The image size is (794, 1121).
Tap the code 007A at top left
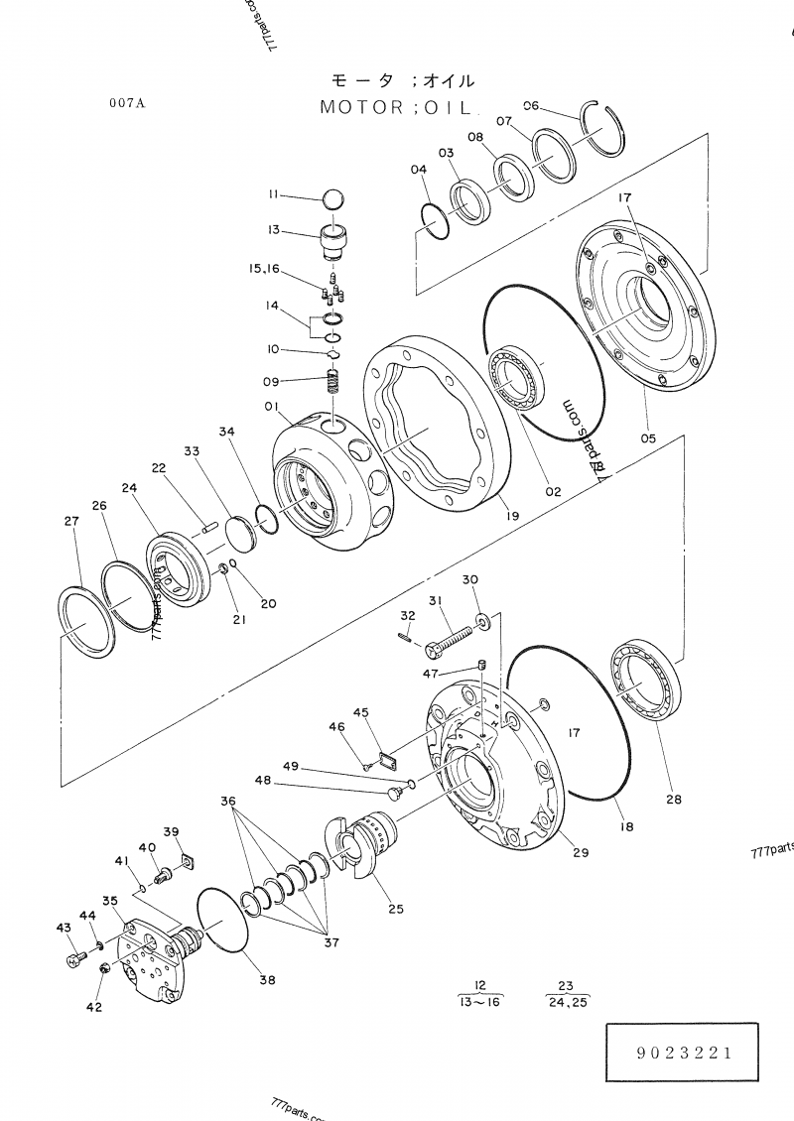click(128, 102)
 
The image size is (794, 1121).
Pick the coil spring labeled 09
click(334, 383)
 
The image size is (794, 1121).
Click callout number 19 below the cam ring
click(509, 515)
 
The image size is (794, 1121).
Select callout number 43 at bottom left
click(64, 928)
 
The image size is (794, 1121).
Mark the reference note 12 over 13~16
click(479, 992)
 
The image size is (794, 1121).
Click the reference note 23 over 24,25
click(567, 992)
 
